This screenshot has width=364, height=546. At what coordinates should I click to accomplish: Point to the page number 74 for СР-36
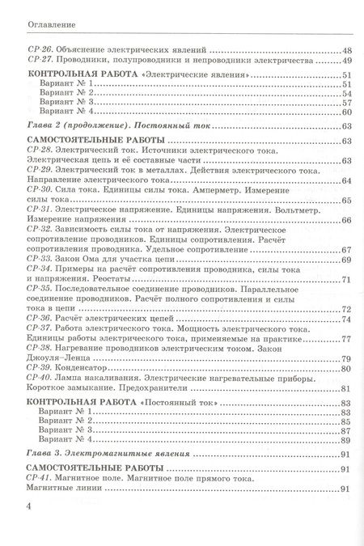pyautogui.click(x=346, y=295)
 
